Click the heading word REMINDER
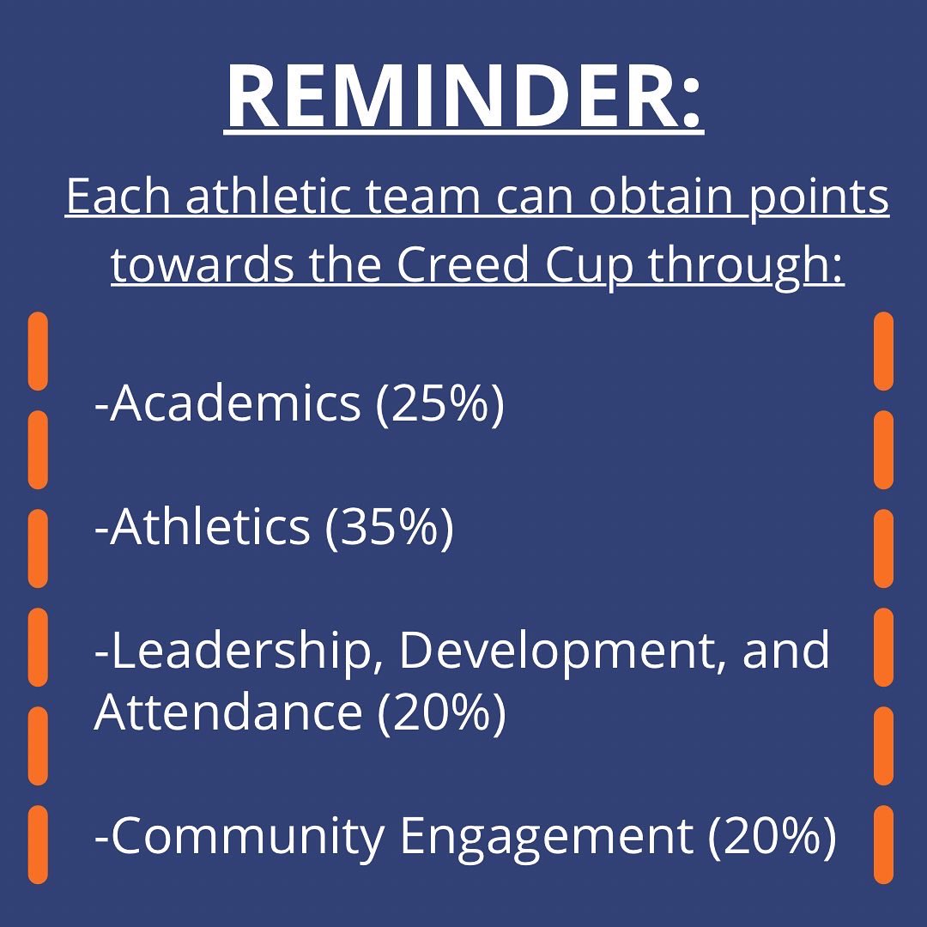463,96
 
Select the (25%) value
439,403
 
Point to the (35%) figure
389,526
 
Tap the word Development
560,651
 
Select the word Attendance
227,712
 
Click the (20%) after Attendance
441,712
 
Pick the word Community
247,836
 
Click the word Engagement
545,836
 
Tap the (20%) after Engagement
771,836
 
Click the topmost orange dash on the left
38,350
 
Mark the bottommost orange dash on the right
883,845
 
